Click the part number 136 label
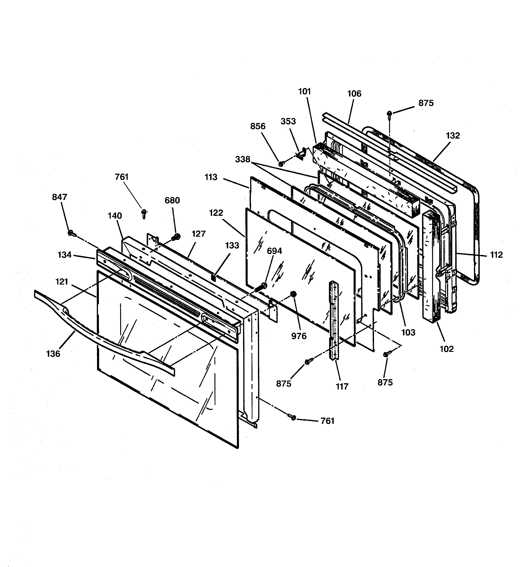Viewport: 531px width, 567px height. tap(53, 354)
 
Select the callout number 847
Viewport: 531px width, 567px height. tap(59, 197)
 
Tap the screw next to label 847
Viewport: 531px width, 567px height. tap(71, 233)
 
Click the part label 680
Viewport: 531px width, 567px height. tap(172, 200)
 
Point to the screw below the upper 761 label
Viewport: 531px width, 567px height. tap(144, 213)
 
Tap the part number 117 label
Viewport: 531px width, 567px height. tap(342, 386)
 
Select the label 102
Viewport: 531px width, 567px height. tap(446, 349)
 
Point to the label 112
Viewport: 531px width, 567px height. tap(496, 255)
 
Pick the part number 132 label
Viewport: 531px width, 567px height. tap(453, 135)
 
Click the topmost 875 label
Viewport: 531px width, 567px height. tap(426, 103)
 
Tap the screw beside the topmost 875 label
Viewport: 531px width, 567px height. tap(389, 113)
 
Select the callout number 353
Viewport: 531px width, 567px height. tap(288, 121)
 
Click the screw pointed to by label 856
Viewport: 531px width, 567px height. tap(281, 163)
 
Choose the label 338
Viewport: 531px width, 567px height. tap(243, 159)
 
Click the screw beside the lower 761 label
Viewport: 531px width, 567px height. tap(293, 418)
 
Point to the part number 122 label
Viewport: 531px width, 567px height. tap(216, 213)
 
